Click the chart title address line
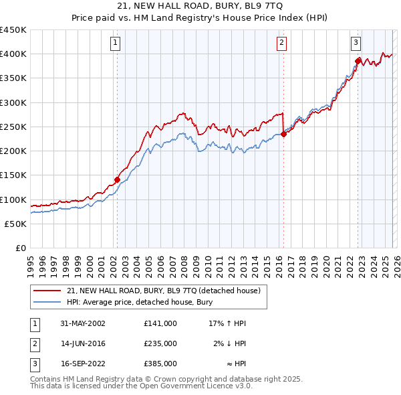(200, 5)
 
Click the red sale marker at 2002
(117, 179)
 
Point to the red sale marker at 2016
(283, 134)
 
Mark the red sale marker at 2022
(358, 61)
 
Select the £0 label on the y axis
(20, 248)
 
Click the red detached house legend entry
(167, 291)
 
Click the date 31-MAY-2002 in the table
(81, 323)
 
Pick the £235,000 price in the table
(160, 343)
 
